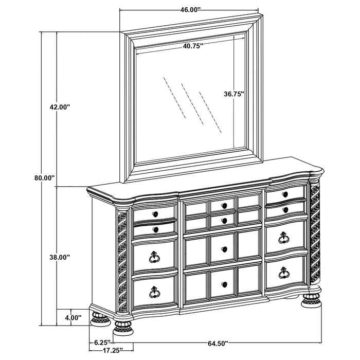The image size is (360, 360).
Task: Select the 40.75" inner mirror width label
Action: pyautogui.click(x=192, y=46)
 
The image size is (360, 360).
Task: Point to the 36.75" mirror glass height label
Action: pyautogui.click(x=233, y=94)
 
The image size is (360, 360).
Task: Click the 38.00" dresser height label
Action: pyautogui.click(x=60, y=257)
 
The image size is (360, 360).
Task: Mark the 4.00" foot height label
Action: pyautogui.click(x=72, y=318)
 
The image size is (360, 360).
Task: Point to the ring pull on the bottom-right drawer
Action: pyautogui.click(x=283, y=273)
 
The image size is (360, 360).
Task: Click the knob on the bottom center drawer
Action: pyautogui.click(x=223, y=284)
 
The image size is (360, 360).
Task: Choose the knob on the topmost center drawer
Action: pyautogui.click(x=224, y=206)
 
